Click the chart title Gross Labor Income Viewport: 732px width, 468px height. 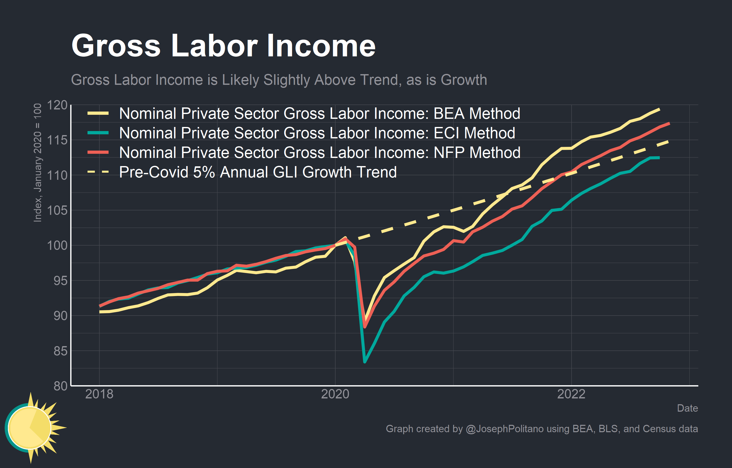[223, 46]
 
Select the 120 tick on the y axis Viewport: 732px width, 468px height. [57, 105]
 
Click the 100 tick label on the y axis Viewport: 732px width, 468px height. [57, 245]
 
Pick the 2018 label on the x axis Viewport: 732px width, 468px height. [99, 394]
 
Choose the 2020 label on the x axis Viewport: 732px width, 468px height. [335, 394]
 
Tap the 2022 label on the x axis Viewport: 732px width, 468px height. [571, 394]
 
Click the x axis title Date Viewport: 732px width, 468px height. [687, 408]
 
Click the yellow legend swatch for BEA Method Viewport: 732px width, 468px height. [98, 114]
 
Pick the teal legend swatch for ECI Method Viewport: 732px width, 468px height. [98, 133]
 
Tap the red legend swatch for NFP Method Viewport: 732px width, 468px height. [98, 152]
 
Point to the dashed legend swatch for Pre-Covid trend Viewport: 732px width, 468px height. [98, 172]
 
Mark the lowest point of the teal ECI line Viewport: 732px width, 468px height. [365, 362]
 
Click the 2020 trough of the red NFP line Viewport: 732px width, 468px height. [365, 327]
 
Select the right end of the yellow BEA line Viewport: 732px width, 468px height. [659, 109]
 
